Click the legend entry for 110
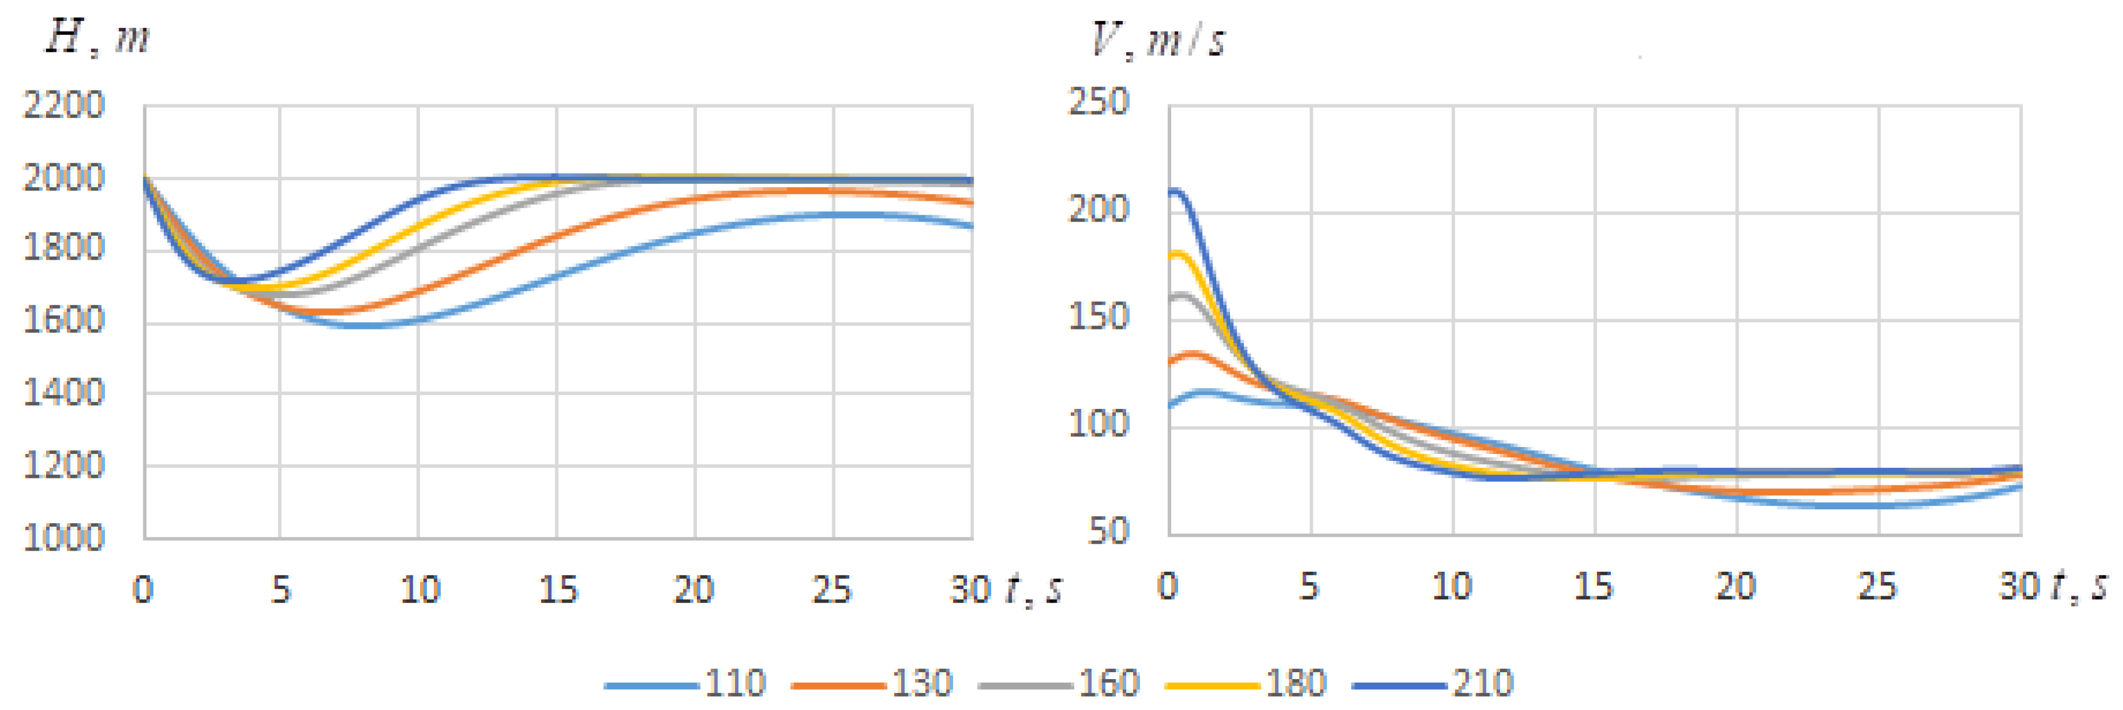(x=686, y=684)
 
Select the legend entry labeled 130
(x=872, y=684)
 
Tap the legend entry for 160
(x=1059, y=684)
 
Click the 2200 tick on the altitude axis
(x=64, y=106)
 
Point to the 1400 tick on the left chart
(x=64, y=393)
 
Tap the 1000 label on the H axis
(x=64, y=538)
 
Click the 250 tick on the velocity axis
(x=1098, y=102)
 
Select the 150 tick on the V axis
(x=1098, y=317)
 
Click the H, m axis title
(x=97, y=38)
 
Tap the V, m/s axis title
(x=1158, y=40)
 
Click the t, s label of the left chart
(x=1034, y=589)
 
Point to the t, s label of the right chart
(x=2079, y=586)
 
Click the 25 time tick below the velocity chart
(x=1877, y=587)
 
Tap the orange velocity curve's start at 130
(x=1172, y=361)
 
